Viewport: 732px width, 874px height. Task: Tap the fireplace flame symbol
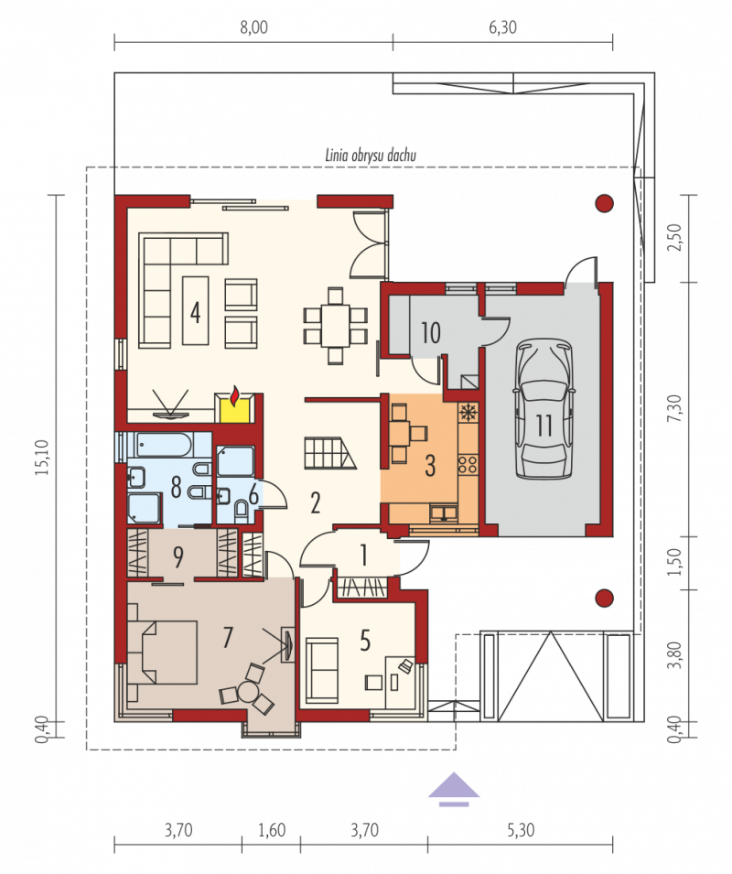[x=235, y=395]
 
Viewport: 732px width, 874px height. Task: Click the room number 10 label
[x=431, y=333]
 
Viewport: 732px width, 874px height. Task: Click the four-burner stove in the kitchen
[x=468, y=464]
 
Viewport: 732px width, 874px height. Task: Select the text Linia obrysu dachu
[x=371, y=155]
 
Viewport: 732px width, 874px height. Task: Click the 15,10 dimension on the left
[x=43, y=457]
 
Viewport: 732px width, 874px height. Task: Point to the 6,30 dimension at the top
[x=502, y=27]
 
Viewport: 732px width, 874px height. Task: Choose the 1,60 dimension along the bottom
[x=272, y=830]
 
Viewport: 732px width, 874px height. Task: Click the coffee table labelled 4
[x=196, y=310]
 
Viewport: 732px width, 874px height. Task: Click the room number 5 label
[x=365, y=641]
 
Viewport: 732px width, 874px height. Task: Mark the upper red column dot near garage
[x=605, y=203]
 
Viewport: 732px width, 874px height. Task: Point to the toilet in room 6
[x=242, y=510]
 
